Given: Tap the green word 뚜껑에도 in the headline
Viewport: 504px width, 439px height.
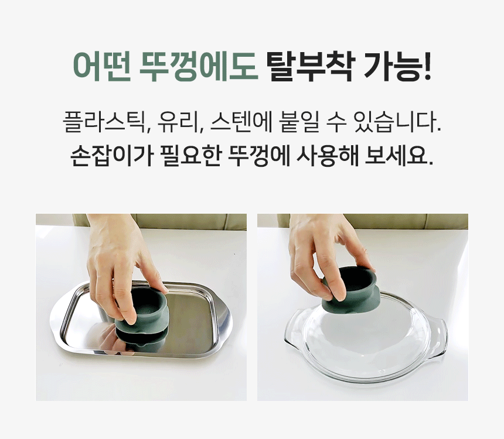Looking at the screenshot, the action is point(199,67).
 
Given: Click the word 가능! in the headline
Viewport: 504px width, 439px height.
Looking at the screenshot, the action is point(397,67).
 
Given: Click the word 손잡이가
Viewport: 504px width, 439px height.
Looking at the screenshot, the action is point(111,156).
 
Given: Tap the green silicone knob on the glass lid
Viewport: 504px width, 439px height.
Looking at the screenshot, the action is point(351,289).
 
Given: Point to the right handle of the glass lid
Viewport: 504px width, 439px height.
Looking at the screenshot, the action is point(440,337).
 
